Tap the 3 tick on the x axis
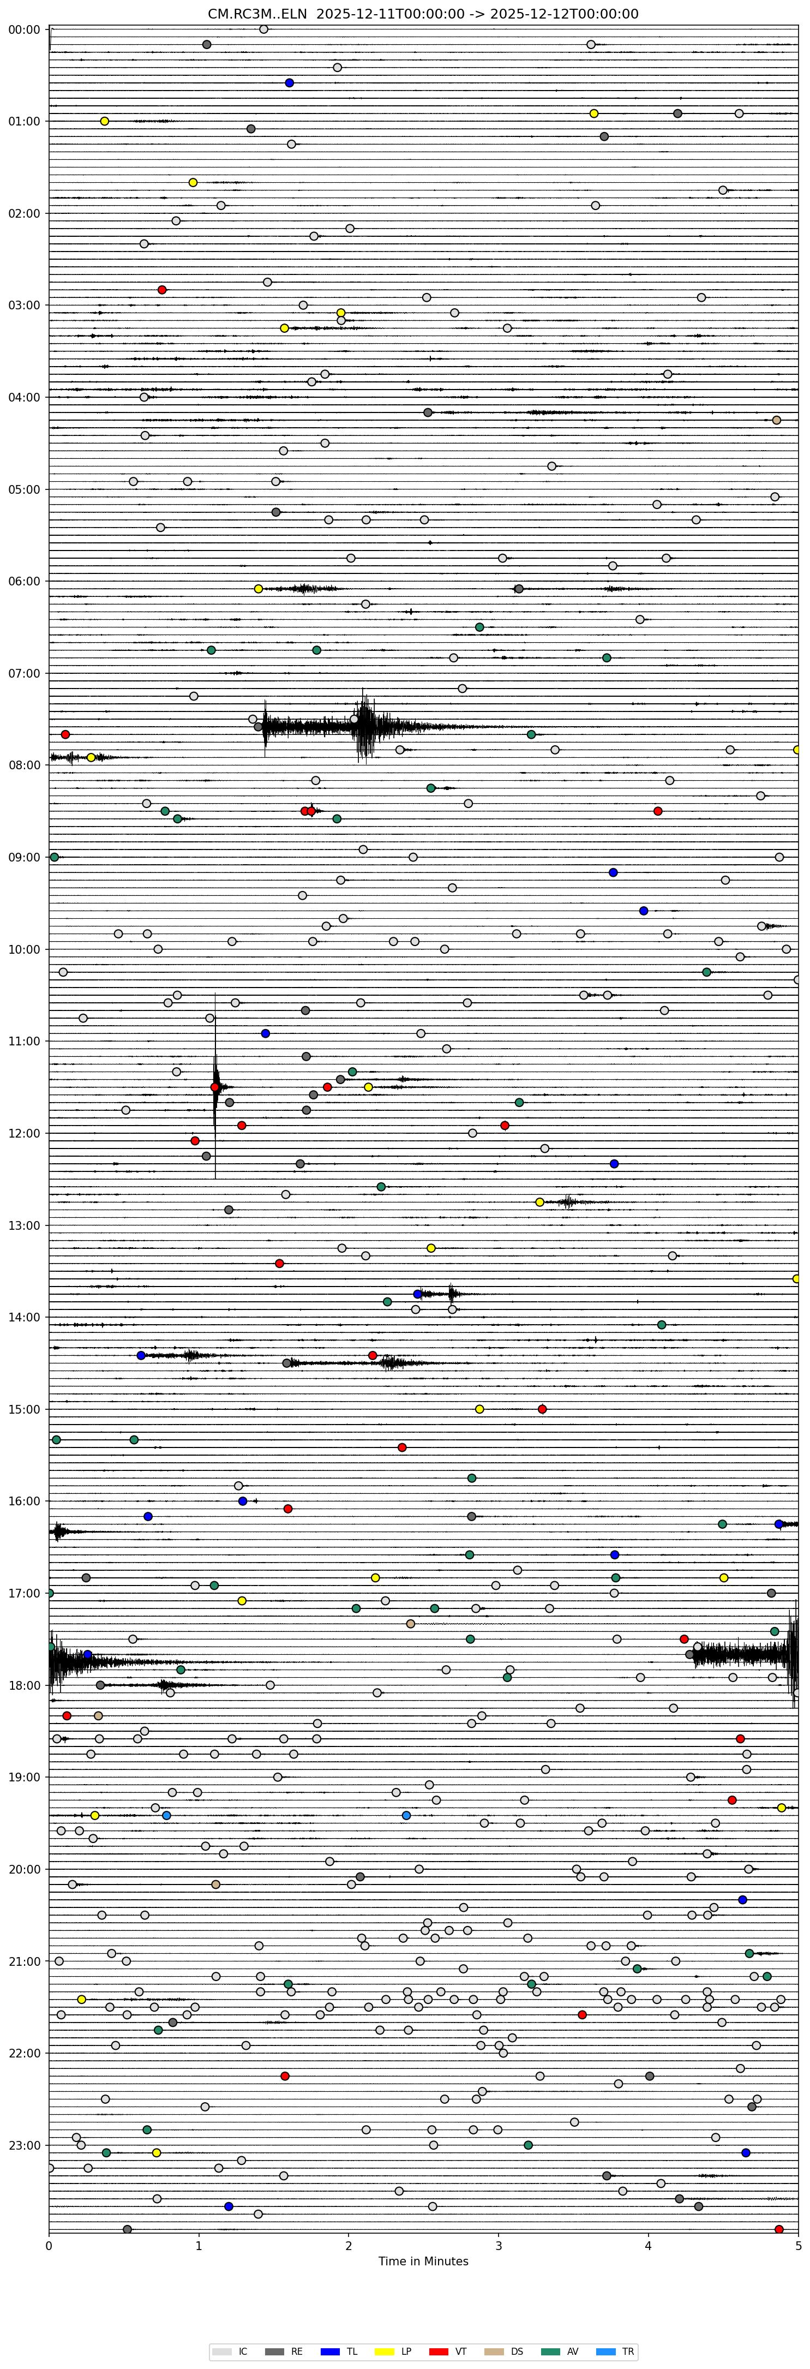click(499, 2245)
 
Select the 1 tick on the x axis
click(199, 2245)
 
